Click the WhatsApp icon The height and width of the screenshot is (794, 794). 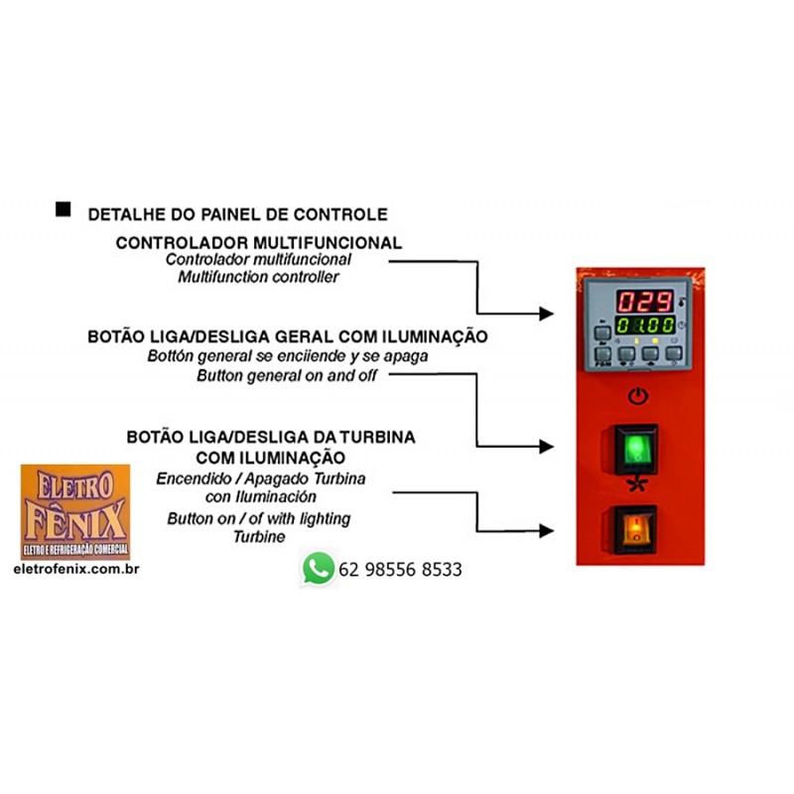point(318,569)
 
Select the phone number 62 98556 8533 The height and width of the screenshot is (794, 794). point(400,570)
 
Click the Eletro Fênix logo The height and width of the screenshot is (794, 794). point(74,512)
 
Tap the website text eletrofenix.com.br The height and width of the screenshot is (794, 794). point(76,570)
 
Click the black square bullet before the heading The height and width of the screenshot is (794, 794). point(63,208)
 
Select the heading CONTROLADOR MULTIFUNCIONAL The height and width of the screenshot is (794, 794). point(258,242)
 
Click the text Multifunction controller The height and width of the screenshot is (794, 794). point(258,277)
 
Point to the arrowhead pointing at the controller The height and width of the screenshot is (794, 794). point(546,314)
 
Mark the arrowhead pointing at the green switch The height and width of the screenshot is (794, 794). point(546,447)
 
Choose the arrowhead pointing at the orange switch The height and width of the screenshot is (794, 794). point(546,530)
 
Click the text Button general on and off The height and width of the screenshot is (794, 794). point(293,376)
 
